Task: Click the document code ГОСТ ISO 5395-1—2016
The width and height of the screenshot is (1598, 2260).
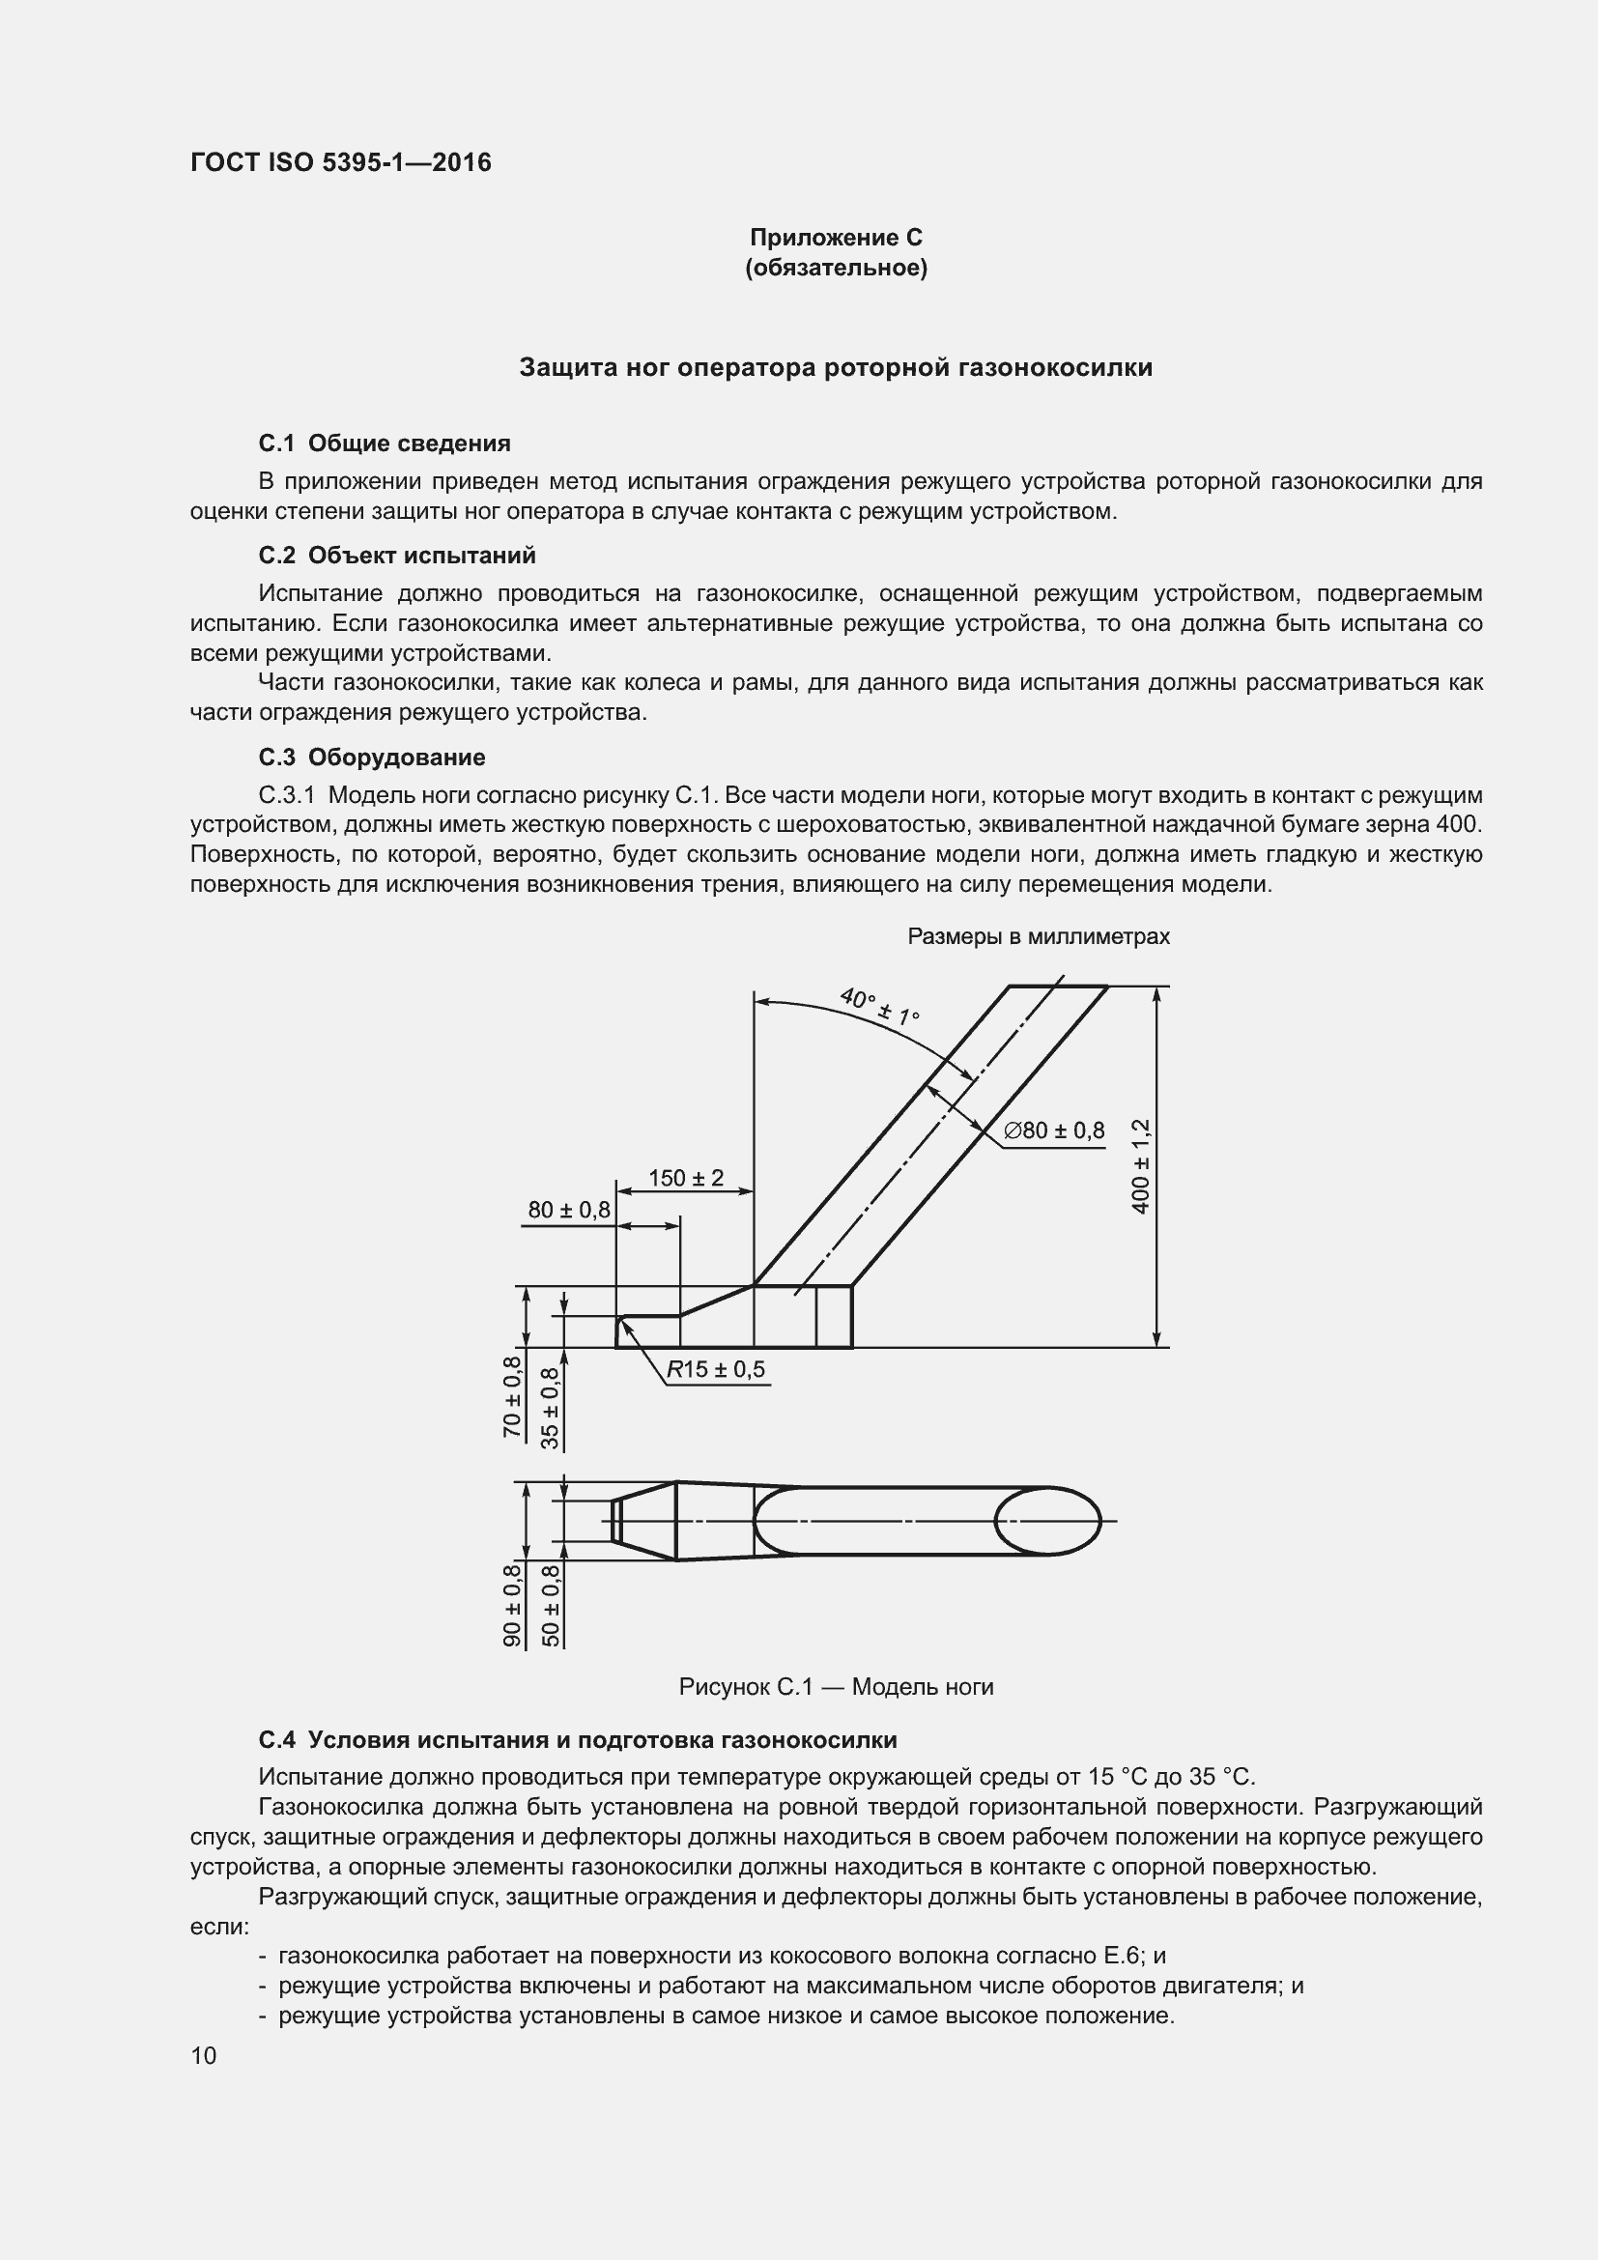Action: tap(340, 162)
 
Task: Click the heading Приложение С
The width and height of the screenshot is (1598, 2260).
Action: tap(836, 238)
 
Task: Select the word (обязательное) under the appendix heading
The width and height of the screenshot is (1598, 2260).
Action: tap(836, 268)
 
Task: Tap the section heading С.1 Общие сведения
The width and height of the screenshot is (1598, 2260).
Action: tap(384, 443)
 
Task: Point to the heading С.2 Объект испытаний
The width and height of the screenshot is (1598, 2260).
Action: tap(396, 556)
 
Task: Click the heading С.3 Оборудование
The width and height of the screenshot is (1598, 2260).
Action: tap(371, 757)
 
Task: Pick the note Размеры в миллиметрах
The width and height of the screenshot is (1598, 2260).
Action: tap(1038, 936)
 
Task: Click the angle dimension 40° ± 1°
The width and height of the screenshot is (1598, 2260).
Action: tap(878, 1005)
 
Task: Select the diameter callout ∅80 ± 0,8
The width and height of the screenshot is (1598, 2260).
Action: tap(1054, 1131)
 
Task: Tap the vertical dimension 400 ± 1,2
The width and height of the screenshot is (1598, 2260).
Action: tap(1140, 1165)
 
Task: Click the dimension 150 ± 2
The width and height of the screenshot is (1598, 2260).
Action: tap(686, 1177)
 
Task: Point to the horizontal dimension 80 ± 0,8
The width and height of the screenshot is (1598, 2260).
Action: tap(569, 1210)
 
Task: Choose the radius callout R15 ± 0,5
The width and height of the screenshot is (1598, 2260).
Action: tap(715, 1369)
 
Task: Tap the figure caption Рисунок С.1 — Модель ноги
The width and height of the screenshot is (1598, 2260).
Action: tap(836, 1687)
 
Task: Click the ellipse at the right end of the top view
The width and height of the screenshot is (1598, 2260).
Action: tap(1048, 1521)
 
